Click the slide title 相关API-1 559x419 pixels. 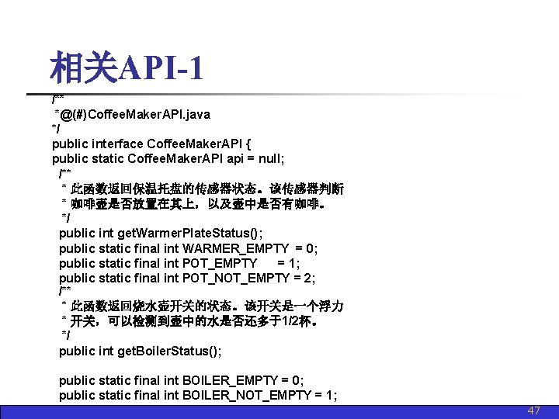coord(127,69)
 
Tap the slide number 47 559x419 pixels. coord(533,411)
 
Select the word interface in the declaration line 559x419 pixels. coord(116,144)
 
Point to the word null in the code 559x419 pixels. coord(271,158)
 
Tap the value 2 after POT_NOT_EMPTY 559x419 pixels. coord(311,278)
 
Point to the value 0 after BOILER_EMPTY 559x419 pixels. coord(300,381)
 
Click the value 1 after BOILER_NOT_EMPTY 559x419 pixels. coord(332,396)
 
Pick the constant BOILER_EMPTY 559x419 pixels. coord(231,381)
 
